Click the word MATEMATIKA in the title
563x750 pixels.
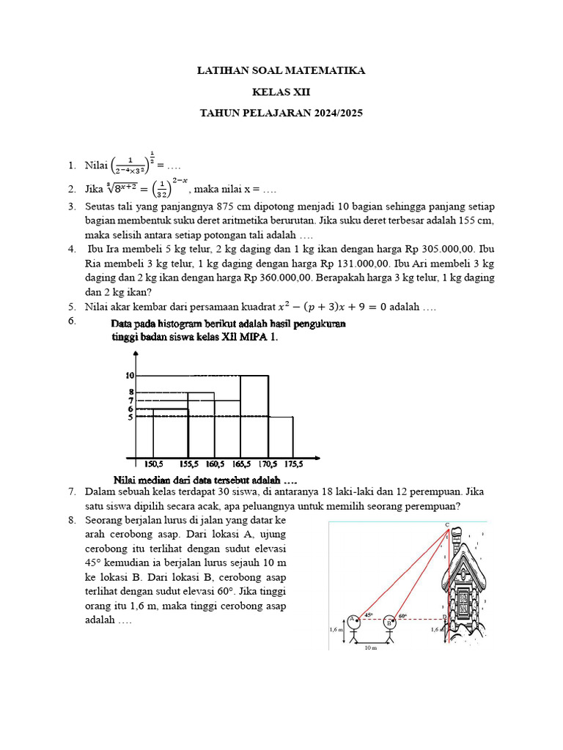point(322,71)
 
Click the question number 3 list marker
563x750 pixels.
point(72,207)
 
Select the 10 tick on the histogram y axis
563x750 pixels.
point(129,375)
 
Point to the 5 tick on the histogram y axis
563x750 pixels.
point(130,417)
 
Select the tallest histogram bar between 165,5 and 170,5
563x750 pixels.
point(254,417)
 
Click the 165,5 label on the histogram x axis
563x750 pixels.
point(241,464)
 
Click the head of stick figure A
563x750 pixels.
point(353,620)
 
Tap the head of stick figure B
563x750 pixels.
point(389,623)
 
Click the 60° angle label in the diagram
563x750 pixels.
point(402,616)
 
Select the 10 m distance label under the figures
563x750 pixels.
point(372,648)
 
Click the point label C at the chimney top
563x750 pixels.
point(446,525)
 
